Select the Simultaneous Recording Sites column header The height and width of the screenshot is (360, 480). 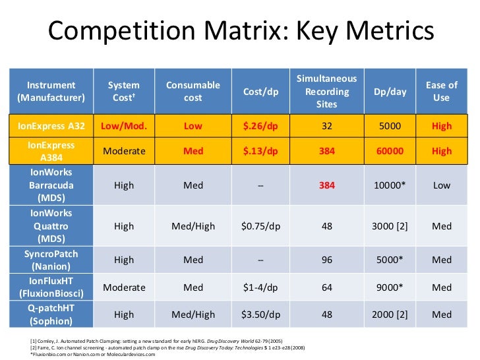click(x=326, y=91)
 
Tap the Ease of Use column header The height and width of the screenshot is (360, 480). click(x=441, y=91)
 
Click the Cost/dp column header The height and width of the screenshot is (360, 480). click(x=260, y=92)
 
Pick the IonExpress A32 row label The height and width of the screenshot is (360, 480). click(x=51, y=126)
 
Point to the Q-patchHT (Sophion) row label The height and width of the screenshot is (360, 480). click(x=51, y=315)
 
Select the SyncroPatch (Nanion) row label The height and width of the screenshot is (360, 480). click(x=51, y=260)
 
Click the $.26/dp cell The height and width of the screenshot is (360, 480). click(x=260, y=126)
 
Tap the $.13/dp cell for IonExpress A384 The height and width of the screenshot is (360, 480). click(x=260, y=151)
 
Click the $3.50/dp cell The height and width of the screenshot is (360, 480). click(x=260, y=315)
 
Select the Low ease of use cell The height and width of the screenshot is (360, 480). click(x=441, y=185)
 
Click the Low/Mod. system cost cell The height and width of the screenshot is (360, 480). click(x=124, y=126)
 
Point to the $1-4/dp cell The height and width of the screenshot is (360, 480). click(x=260, y=287)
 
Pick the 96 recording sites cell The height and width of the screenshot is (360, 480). click(x=326, y=260)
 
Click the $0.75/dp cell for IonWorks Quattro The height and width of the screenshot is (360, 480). click(x=260, y=226)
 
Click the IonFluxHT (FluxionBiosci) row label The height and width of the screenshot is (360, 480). click(x=51, y=287)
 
